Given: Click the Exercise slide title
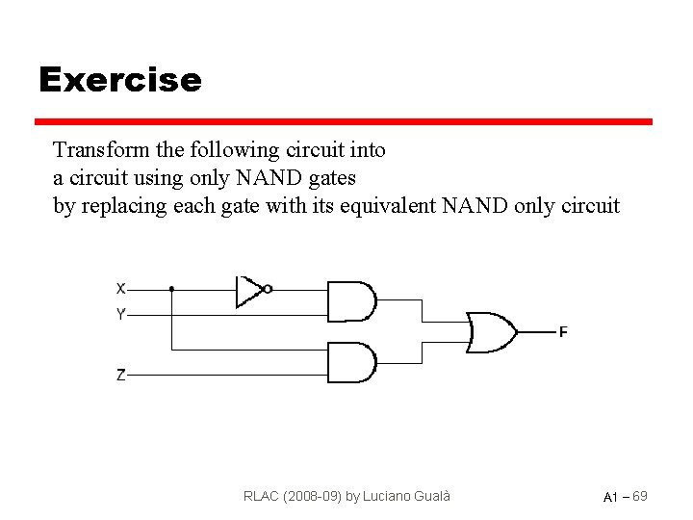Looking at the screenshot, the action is [x=119, y=79].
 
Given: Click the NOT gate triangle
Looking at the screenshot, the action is [x=248, y=289].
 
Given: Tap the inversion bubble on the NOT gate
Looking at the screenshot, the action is [x=269, y=288].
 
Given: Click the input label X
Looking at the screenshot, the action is [x=120, y=288].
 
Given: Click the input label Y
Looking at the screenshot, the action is [x=120, y=314].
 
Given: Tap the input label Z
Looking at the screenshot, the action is [x=120, y=376].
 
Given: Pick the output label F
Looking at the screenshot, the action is [x=563, y=332].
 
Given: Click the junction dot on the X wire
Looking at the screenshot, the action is [x=171, y=288].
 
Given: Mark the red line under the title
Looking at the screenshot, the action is [x=344, y=122].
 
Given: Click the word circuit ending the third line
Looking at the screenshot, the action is [x=588, y=206].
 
